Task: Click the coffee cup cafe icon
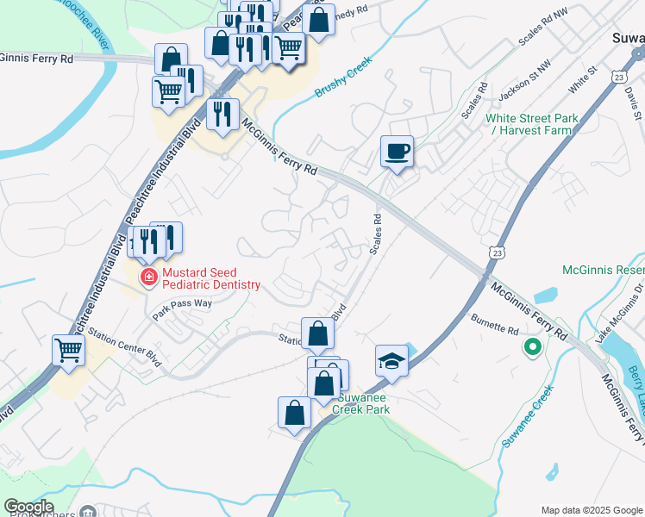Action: tap(397, 152)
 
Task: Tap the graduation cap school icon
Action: tap(391, 361)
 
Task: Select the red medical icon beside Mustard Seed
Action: tap(148, 277)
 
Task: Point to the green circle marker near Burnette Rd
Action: tap(533, 348)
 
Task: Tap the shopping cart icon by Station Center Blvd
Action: tap(68, 350)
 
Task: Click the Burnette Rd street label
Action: tap(495, 324)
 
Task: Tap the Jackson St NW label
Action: tap(524, 78)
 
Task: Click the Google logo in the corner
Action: tap(28, 507)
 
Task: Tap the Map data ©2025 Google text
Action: tap(592, 510)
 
